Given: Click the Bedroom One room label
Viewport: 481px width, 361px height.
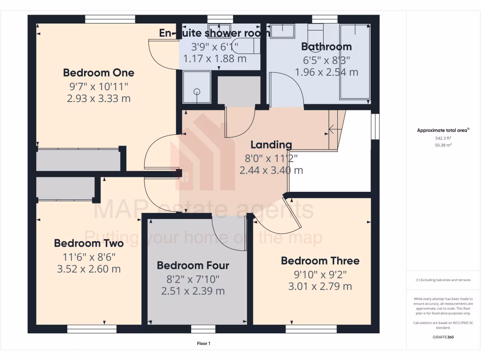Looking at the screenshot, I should pyautogui.click(x=99, y=73).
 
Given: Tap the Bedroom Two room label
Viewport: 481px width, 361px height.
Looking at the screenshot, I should pyautogui.click(x=89, y=243).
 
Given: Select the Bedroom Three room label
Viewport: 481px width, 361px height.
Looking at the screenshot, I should pyautogui.click(x=320, y=261).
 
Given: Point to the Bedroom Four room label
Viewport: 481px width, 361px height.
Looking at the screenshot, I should pyautogui.click(x=193, y=266).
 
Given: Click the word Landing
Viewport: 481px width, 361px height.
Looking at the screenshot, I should pyautogui.click(x=271, y=145).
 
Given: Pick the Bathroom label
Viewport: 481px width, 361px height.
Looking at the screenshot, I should pyautogui.click(x=326, y=47).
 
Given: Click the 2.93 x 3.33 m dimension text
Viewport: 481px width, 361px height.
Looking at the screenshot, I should pyautogui.click(x=99, y=99).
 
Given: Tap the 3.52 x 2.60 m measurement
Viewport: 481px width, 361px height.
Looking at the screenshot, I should pyautogui.click(x=89, y=269).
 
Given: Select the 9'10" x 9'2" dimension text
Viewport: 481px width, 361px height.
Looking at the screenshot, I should pyautogui.click(x=320, y=274).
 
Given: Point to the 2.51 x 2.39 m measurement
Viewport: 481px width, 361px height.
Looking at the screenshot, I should pyautogui.click(x=193, y=291).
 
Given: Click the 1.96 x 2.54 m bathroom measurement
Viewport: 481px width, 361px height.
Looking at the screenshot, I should pyautogui.click(x=326, y=72).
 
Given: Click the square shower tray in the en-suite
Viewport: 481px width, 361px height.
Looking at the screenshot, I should pyautogui.click(x=196, y=87).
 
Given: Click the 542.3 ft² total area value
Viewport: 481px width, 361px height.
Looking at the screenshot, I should pyautogui.click(x=443, y=139).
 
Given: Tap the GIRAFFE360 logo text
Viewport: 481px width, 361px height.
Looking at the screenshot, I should pyautogui.click(x=443, y=337).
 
